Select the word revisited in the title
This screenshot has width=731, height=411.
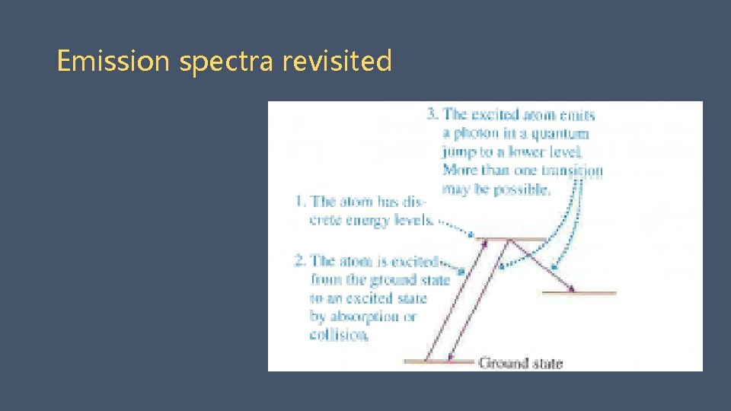pyautogui.click(x=337, y=61)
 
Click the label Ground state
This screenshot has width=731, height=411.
pyautogui.click(x=520, y=363)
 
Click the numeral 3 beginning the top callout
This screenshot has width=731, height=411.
pyautogui.click(x=432, y=115)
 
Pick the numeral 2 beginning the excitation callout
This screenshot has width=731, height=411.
pyautogui.click(x=300, y=261)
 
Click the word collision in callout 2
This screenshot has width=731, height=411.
pyautogui.click(x=339, y=334)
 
